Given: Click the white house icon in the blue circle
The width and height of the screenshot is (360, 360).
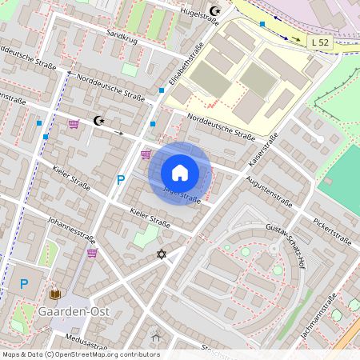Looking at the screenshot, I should coord(180,173).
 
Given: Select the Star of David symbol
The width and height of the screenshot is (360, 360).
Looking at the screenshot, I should coord(161,254).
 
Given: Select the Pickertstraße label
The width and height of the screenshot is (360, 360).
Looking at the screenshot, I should coord(332,231).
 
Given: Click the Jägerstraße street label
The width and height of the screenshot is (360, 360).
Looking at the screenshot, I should coord(181,193).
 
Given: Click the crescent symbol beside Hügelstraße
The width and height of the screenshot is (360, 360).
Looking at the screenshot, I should coord(214,10).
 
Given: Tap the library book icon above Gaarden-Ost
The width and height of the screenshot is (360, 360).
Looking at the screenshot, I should coord(54,294).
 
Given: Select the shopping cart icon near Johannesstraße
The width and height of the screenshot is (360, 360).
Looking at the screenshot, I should coord(93,253).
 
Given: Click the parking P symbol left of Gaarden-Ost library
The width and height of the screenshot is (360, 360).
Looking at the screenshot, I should coord(24,284).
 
